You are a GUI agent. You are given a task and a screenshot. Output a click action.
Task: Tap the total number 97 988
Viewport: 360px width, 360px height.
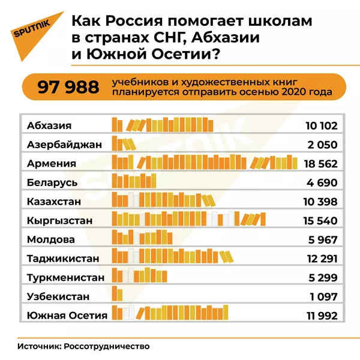(x=68, y=88)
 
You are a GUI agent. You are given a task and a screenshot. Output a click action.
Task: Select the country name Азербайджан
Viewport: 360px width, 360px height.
(x=65, y=145)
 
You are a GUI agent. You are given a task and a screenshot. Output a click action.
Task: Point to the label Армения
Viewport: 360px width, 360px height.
(x=52, y=163)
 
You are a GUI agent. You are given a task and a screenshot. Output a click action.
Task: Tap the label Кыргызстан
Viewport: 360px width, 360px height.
(x=60, y=220)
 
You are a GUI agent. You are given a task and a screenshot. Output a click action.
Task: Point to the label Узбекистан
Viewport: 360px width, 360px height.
(x=59, y=296)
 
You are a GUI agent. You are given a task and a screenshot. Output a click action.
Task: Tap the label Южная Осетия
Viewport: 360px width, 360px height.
(x=67, y=315)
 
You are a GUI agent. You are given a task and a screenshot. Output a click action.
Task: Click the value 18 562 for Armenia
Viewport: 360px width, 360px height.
(x=321, y=163)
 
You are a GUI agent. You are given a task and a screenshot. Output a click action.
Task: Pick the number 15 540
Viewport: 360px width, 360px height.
(x=321, y=220)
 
